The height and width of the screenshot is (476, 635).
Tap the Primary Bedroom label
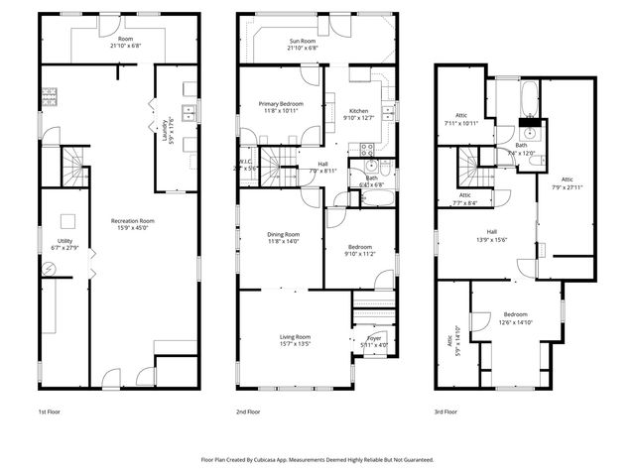point(281,103)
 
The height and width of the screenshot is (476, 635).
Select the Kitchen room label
point(359,110)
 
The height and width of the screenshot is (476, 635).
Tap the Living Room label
point(296,337)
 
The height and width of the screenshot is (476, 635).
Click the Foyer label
point(374,338)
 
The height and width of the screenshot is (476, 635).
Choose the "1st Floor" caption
point(52,411)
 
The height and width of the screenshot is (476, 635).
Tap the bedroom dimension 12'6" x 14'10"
point(516,321)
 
